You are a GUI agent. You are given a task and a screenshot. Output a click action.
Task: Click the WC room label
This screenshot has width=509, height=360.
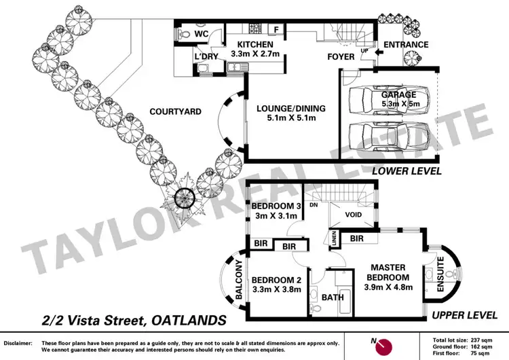(202, 33)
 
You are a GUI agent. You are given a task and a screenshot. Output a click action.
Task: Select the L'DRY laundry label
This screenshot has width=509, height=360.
(206, 56)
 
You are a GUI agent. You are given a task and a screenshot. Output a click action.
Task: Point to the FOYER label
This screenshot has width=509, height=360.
(341, 56)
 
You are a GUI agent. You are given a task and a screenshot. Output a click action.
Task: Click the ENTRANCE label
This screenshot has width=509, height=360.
(406, 46)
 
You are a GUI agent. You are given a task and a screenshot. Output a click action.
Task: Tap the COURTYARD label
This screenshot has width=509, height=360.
(175, 111)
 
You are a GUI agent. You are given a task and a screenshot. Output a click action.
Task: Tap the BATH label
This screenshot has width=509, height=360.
(333, 298)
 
